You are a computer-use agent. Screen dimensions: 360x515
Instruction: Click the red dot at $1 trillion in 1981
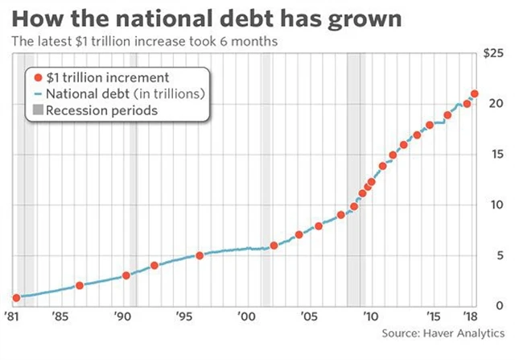(x=16, y=297)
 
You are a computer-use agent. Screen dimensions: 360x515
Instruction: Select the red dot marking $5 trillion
(x=200, y=255)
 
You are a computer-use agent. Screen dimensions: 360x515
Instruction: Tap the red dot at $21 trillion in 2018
(x=475, y=93)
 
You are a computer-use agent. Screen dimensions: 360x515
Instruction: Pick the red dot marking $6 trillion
(x=274, y=245)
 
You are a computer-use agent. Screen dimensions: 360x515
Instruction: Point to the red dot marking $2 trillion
(x=79, y=285)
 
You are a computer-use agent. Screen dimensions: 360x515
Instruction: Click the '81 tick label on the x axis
(x=12, y=316)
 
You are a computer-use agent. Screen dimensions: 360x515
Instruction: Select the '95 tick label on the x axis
(x=183, y=316)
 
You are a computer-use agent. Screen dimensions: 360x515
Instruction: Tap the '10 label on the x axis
(x=369, y=316)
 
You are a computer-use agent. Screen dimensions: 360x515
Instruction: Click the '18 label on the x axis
(x=467, y=316)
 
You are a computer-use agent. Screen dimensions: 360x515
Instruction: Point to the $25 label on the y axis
(x=494, y=54)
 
